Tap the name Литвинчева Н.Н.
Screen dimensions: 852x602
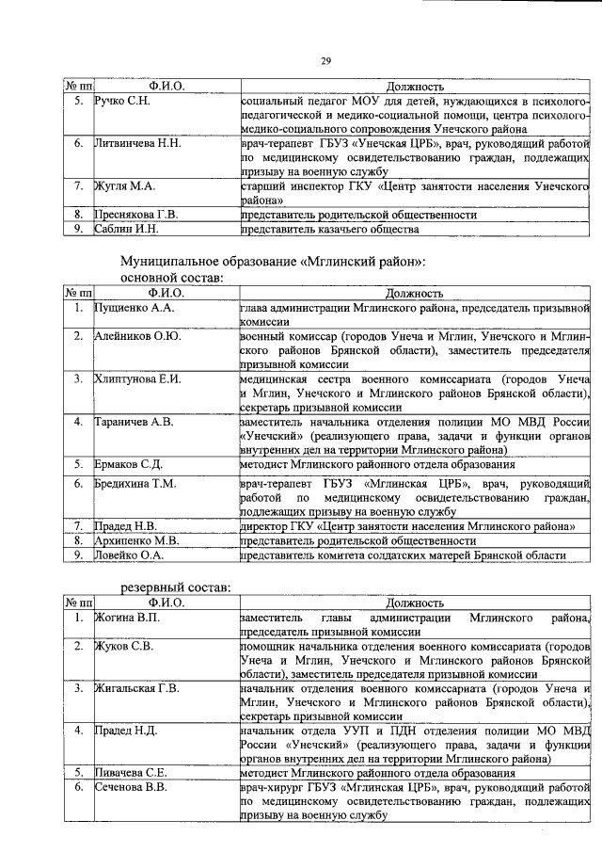coord(138,144)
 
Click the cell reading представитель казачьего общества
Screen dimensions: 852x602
coord(329,229)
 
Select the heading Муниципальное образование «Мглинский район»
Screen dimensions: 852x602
coord(273,261)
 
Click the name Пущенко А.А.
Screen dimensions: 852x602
coord(135,308)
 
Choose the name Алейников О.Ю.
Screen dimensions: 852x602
coord(138,335)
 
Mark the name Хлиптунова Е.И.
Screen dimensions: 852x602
coord(137,378)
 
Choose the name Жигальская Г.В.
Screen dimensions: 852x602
coord(136,688)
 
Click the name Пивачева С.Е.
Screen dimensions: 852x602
coord(131,773)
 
